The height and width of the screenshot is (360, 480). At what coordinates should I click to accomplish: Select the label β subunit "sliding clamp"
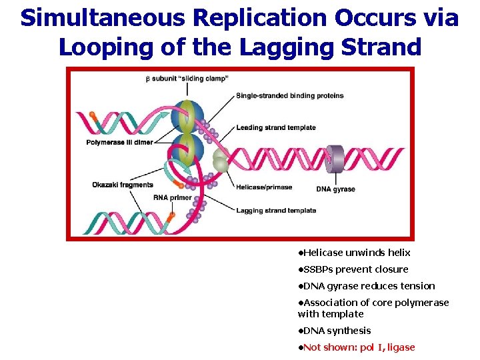(187, 79)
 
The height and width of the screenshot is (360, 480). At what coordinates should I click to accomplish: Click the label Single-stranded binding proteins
(290, 95)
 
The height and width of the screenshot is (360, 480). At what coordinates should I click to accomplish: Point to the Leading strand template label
(276, 127)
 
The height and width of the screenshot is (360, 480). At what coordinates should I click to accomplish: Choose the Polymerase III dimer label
(120, 142)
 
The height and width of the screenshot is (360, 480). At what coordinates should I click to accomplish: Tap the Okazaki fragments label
(123, 185)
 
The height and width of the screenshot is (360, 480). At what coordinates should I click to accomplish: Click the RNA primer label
(172, 197)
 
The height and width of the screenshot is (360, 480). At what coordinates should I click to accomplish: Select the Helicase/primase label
(264, 187)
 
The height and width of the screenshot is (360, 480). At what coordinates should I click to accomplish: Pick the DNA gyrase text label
(335, 189)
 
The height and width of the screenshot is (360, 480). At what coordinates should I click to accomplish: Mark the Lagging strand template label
(276, 211)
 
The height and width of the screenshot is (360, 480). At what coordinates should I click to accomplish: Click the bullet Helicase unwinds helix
(356, 253)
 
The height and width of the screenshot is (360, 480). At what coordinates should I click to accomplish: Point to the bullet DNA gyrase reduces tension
(368, 286)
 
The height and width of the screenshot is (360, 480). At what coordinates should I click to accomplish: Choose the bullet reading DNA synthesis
(336, 331)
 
